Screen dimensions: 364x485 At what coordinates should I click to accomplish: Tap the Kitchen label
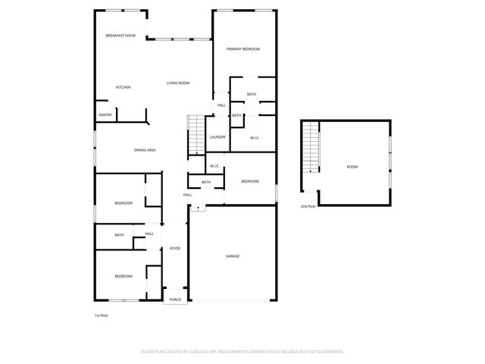coord(124,87)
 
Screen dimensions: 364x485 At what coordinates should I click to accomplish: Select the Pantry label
coord(105,115)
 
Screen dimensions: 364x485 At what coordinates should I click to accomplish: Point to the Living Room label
coord(178,83)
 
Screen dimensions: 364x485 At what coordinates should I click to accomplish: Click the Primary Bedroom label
coord(243,49)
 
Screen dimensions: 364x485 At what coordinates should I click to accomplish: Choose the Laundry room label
coord(217,136)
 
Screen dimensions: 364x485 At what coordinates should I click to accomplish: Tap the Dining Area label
coord(145,150)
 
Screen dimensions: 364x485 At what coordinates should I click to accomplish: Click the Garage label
coord(233,256)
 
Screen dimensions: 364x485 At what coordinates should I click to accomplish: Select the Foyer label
coord(175,249)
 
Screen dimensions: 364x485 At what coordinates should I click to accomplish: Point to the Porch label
coord(175,300)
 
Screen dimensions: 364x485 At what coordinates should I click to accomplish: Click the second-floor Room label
coord(352,167)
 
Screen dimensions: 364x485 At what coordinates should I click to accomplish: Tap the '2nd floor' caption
coord(308,206)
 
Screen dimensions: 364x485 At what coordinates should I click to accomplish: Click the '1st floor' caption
coord(102,315)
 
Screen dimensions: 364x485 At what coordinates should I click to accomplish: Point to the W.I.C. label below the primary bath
coord(255,137)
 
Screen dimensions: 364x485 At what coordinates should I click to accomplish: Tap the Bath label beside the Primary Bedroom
coord(252,94)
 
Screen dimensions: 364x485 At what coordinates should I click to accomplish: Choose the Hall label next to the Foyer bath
coord(149,234)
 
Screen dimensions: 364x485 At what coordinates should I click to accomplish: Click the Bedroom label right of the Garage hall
coord(250,181)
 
